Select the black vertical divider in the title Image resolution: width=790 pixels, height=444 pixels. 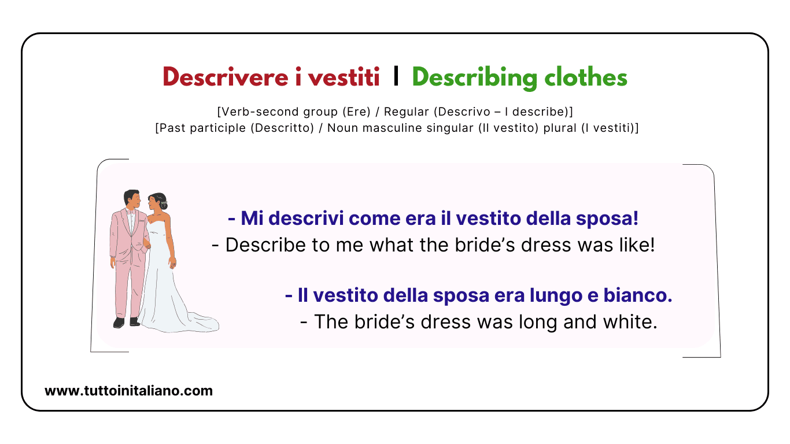click(396, 77)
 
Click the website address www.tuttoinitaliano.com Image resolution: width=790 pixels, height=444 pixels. click(128, 391)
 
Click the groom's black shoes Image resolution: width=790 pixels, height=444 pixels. click(126, 322)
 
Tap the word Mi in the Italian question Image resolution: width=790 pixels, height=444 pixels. click(249, 219)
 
